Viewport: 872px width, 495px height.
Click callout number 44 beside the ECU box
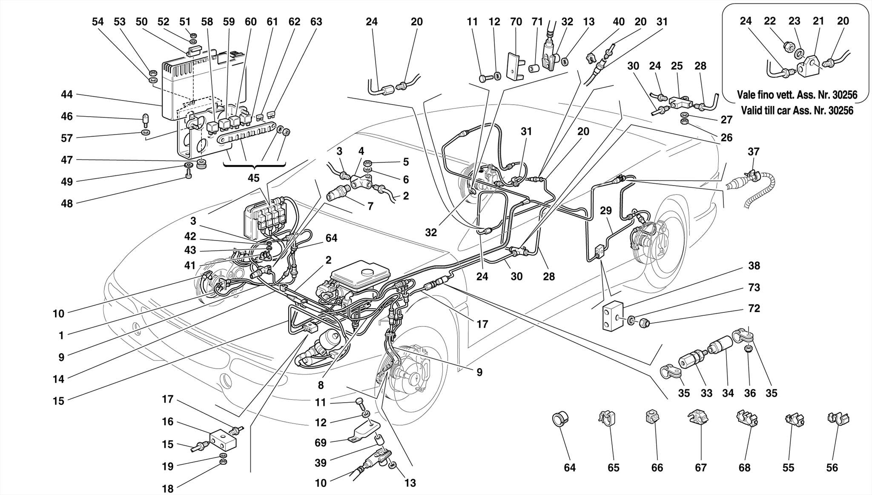point(67,94)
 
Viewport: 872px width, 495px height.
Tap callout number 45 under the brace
point(253,178)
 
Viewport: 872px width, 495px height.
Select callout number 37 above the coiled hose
point(753,152)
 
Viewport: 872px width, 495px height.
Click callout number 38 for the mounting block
point(754,266)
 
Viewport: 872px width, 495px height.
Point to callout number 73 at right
point(754,288)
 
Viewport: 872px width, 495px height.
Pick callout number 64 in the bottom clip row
point(569,468)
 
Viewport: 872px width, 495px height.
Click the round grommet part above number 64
point(558,419)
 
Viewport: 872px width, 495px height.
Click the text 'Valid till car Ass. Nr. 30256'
point(797,111)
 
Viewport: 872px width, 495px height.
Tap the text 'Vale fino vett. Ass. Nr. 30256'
point(797,94)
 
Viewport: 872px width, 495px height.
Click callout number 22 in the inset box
point(770,21)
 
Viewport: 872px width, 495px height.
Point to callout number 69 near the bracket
point(320,443)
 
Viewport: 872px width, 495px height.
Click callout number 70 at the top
point(516,21)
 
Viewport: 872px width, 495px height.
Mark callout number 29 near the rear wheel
point(606,211)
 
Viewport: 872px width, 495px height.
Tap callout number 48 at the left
point(67,203)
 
